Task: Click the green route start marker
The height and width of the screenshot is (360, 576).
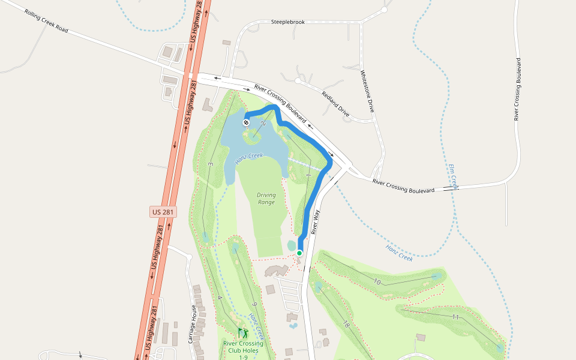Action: pyautogui.click(x=299, y=253)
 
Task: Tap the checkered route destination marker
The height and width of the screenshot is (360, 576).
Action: pyautogui.click(x=246, y=122)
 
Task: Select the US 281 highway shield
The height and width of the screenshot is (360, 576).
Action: pyautogui.click(x=164, y=212)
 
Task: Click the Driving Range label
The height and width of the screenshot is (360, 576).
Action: pyautogui.click(x=266, y=199)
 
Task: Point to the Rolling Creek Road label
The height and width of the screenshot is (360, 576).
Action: pyautogui.click(x=47, y=21)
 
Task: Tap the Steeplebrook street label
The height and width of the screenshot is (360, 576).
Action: pyautogui.click(x=288, y=22)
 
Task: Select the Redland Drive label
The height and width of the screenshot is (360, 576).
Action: pyautogui.click(x=335, y=103)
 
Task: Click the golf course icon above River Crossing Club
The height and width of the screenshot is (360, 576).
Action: pyautogui.click(x=242, y=332)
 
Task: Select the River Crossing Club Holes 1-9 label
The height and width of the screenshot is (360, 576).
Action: pyautogui.click(x=243, y=350)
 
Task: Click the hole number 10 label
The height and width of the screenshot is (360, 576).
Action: pyautogui.click(x=377, y=281)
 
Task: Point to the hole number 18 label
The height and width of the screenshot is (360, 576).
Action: pyautogui.click(x=346, y=325)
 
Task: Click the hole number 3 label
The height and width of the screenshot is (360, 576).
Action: pyautogui.click(x=211, y=164)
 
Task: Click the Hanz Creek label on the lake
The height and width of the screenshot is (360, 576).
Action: pyautogui.click(x=249, y=159)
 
